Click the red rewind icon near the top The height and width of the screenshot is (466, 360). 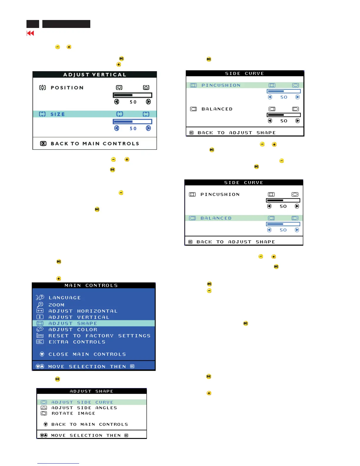(30, 33)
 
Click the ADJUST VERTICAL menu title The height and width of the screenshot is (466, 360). (95, 75)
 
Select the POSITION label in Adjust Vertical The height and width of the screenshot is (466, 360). (67, 88)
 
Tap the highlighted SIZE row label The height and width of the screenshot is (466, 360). (58, 114)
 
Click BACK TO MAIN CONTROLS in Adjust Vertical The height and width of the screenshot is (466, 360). (95, 144)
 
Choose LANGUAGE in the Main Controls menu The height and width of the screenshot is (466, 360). (64, 298)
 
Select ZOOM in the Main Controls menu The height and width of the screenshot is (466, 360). (56, 305)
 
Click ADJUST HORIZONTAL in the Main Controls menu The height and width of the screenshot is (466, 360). (83, 311)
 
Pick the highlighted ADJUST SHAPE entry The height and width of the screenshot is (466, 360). (73, 323)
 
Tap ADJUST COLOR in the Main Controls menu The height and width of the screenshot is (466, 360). (73, 329)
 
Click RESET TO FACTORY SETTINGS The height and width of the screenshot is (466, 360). (99, 336)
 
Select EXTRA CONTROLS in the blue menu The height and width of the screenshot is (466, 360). (77, 342)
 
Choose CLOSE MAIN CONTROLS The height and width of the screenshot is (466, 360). (87, 354)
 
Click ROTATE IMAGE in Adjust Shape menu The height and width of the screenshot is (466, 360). (73, 413)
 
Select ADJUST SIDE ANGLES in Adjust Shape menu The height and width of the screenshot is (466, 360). (84, 408)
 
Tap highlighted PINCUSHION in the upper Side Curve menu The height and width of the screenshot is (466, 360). (221, 85)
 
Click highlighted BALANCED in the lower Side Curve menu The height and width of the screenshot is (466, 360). (216, 218)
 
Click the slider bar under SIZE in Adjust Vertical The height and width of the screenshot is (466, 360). (132, 122)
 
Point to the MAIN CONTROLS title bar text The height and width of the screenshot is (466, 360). (91, 285)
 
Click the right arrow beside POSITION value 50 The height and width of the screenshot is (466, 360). (148, 102)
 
